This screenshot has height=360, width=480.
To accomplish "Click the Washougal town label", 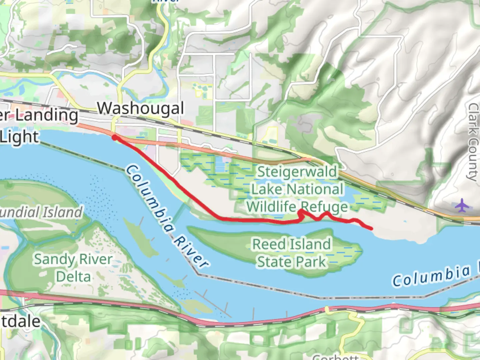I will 140,108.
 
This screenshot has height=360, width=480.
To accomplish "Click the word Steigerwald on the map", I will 297,172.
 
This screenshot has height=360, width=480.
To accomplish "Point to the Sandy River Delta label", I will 73,268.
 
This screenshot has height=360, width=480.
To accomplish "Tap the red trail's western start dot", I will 114,137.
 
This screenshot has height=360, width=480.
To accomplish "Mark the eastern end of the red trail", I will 371,228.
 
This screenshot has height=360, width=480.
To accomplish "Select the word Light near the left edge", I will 19,137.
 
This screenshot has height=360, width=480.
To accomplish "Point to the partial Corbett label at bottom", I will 335,357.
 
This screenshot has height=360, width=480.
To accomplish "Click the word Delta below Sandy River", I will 73,277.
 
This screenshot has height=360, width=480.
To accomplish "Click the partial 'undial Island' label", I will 41,212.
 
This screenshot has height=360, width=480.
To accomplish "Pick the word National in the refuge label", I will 315,189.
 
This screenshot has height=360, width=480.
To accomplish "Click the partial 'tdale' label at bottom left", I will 20,321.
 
